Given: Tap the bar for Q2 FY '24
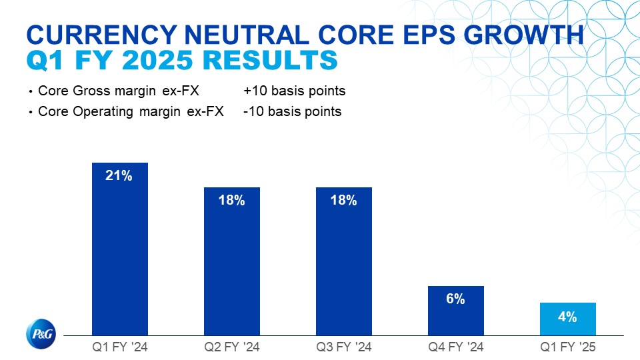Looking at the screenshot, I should (x=232, y=267).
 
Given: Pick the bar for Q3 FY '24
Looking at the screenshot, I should (x=344, y=267).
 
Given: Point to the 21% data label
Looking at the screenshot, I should (x=120, y=176).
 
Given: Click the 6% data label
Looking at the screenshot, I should (x=455, y=299).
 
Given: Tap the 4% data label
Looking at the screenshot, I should (x=567, y=317).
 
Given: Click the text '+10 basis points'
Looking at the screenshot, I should (x=295, y=91).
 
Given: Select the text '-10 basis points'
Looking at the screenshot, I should (x=293, y=111).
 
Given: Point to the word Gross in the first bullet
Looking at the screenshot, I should (x=88, y=91).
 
